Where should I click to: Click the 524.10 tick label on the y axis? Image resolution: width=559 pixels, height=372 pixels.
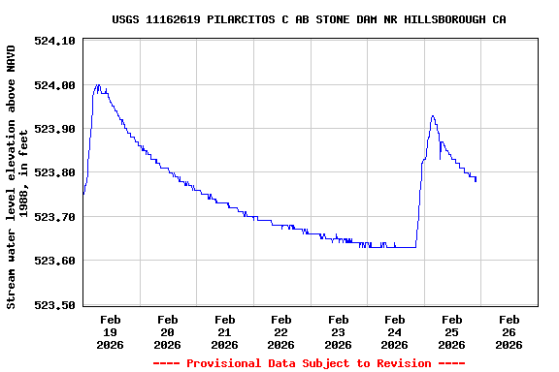[x=55, y=41]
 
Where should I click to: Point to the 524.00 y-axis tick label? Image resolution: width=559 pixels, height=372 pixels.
[x=55, y=85]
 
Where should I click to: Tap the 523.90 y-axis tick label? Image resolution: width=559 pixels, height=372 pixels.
[x=55, y=129]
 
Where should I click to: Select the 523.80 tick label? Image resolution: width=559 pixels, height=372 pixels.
[x=55, y=172]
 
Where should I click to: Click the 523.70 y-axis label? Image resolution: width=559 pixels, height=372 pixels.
[x=55, y=217]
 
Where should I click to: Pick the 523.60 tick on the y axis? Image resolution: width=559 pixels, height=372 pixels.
[x=55, y=261]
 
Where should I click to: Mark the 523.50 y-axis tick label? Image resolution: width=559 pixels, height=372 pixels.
[x=55, y=305]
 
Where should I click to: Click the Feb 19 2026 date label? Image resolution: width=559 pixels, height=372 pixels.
[x=110, y=331]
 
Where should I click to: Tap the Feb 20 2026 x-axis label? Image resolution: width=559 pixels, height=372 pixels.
[x=167, y=331]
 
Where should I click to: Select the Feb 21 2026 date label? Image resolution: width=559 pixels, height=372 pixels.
[x=224, y=331]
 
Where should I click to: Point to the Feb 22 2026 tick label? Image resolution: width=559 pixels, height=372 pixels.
[x=281, y=331]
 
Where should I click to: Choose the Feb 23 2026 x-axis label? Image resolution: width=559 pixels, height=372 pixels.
[x=338, y=331]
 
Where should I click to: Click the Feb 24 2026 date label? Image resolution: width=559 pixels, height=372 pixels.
[x=395, y=331]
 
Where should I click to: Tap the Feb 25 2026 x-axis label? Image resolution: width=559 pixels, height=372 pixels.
[x=452, y=331]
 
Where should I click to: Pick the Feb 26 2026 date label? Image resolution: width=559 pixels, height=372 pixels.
[x=510, y=331]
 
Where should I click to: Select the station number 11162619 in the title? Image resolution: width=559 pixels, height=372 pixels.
[x=174, y=19]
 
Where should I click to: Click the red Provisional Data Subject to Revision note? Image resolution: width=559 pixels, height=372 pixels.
[x=309, y=363]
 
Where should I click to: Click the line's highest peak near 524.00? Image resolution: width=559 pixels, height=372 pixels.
[x=97, y=85]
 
